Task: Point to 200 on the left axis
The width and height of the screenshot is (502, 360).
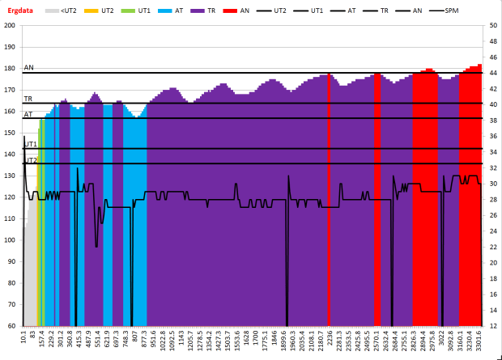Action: point(12,25)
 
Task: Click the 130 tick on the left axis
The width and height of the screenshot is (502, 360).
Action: point(12,176)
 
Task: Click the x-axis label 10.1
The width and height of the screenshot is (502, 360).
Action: point(24,337)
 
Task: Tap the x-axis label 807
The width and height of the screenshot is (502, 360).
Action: point(134,336)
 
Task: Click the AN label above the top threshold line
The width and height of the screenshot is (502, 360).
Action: point(29,68)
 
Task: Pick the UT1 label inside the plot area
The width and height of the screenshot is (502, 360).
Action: point(31,144)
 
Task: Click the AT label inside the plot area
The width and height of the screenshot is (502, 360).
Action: point(28,114)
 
